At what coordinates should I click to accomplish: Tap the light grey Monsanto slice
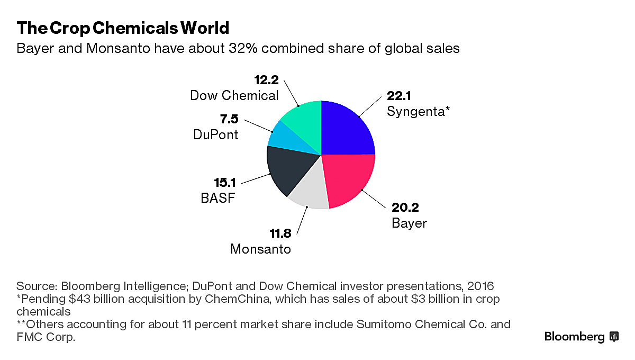click(309, 190)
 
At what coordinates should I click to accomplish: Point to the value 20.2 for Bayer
click(405, 208)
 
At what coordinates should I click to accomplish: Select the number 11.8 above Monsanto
click(276, 233)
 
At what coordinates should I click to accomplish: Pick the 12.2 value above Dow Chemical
click(266, 80)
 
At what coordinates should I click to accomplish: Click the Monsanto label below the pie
click(260, 248)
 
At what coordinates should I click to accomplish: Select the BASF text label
click(217, 199)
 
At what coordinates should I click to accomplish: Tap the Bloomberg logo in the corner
click(581, 337)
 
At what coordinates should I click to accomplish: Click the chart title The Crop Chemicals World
click(123, 28)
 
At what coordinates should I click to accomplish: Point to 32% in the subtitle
click(241, 49)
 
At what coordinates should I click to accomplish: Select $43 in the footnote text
click(78, 299)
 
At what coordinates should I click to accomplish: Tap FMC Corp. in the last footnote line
click(46, 337)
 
